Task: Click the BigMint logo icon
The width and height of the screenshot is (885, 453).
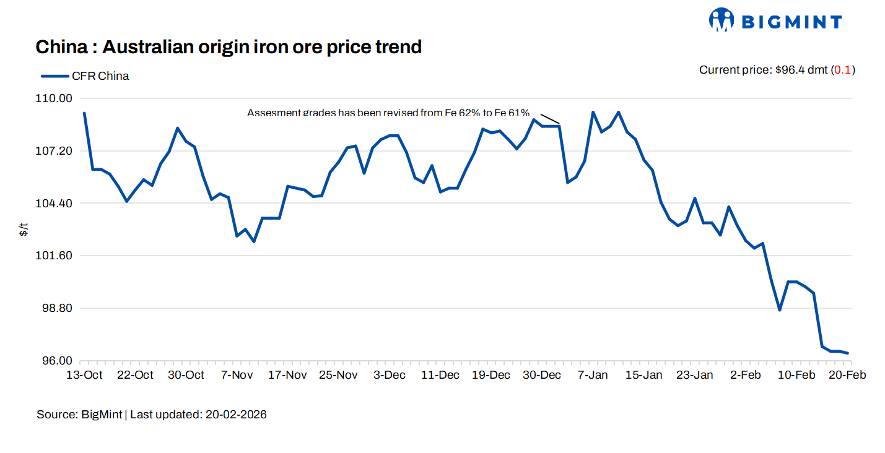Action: (x=721, y=20)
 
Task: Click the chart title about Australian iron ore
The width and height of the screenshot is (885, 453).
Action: (x=229, y=46)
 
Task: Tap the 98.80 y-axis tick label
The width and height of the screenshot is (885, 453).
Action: (x=58, y=308)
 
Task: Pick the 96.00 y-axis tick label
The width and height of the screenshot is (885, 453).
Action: (x=58, y=361)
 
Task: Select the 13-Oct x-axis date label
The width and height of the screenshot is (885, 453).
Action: (x=84, y=375)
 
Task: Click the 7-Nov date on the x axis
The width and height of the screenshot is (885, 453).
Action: (x=237, y=375)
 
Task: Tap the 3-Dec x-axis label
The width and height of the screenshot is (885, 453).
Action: (x=390, y=375)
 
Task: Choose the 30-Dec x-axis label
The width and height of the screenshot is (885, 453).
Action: (x=542, y=375)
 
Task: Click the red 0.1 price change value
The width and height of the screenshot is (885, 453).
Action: (x=842, y=70)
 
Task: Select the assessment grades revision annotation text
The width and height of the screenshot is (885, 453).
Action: (x=388, y=113)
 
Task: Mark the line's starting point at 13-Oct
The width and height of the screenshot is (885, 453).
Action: (x=84, y=113)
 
